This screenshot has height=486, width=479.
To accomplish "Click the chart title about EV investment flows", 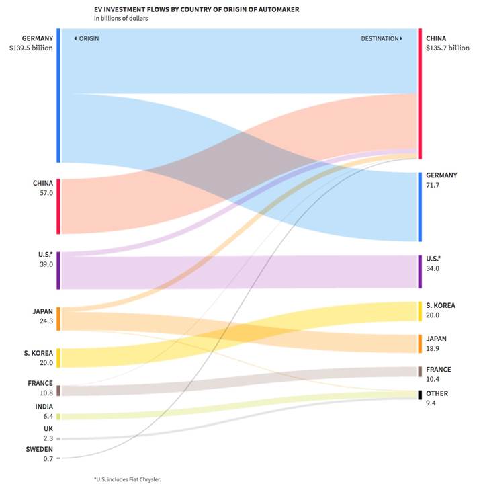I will point(178,9).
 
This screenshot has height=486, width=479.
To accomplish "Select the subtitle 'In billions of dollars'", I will point(122,19).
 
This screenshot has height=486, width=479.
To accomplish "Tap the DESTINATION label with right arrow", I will point(382,39).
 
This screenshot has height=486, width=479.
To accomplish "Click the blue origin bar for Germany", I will point(58,95).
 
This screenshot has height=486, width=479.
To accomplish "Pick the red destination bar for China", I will point(420,93).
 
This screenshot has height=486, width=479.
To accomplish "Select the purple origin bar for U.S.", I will point(58,270).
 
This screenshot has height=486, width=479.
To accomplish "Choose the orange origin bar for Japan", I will point(58,319).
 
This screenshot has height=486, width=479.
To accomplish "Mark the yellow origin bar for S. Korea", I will point(58,358).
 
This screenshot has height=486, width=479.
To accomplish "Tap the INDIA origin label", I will point(44,407).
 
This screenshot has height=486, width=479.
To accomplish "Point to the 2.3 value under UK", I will point(48,438).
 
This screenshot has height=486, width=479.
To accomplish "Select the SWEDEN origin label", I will point(40,448).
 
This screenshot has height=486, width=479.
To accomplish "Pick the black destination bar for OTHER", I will point(420,394).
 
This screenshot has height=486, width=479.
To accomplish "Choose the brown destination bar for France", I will point(420,371).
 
